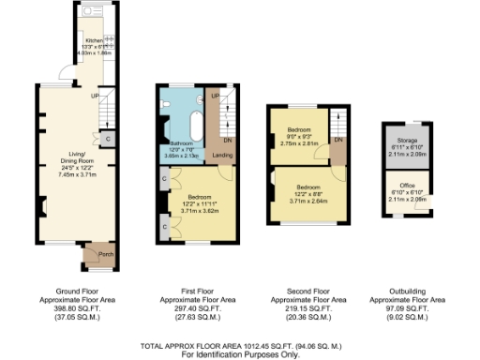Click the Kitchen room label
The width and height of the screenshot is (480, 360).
[x=95, y=41]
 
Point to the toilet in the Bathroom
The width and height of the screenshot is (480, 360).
[x=166, y=100]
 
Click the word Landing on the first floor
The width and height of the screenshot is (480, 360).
[x=222, y=155]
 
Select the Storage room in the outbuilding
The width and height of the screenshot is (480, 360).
[x=406, y=150]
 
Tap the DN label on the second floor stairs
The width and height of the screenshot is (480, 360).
[x=338, y=140]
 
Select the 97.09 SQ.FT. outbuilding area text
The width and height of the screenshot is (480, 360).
[x=406, y=307]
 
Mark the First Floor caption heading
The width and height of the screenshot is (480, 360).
[x=194, y=291]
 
